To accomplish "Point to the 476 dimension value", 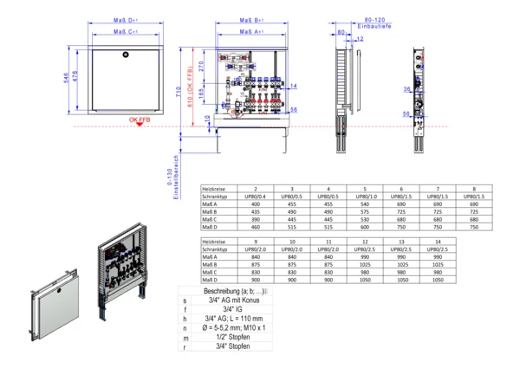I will tap(75, 79).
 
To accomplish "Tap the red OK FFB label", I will tap(140, 120).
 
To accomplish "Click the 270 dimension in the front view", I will tap(200, 64).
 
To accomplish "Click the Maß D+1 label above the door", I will tap(127, 18).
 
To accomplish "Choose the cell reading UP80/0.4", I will tap(256, 197).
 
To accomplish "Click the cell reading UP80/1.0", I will tap(365, 197).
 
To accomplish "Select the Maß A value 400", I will tap(256, 204).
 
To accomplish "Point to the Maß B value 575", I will tap(365, 211).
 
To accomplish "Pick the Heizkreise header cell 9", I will tap(256, 242).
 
